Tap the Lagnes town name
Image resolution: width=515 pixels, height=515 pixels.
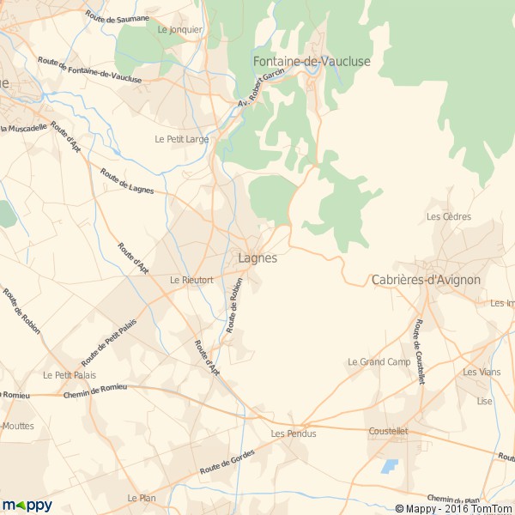click(257, 257)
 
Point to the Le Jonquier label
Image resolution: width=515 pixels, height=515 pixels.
click(180, 29)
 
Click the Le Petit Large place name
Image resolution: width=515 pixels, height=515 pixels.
click(182, 138)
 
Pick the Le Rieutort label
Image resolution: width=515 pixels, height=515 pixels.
click(191, 280)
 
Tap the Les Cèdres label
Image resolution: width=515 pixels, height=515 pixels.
click(449, 216)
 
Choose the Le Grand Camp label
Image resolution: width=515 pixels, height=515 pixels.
click(379, 362)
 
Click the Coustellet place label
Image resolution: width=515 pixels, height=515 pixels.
click(388, 432)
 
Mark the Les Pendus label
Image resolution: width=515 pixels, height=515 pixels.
click(294, 433)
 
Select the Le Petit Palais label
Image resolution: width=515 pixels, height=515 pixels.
click(70, 375)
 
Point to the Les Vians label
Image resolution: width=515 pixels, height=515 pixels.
click(482, 372)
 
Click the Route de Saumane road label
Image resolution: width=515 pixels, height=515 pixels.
click(118, 18)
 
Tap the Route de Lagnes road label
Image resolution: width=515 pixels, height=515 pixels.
click(127, 180)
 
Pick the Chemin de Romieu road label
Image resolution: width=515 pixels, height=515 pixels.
click(95, 391)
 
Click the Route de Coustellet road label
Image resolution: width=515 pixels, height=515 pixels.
click(420, 352)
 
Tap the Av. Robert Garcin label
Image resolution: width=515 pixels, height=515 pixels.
click(261, 90)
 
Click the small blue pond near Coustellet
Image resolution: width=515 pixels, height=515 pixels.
click(391, 467)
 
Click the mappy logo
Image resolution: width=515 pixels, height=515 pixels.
click(27, 505)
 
